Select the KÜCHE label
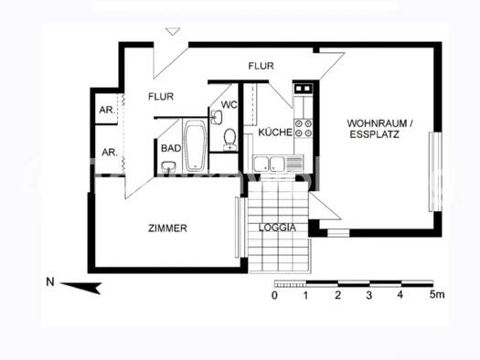coord(275,132)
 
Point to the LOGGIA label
coord(277,228)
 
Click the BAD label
coord(171,147)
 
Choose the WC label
coord(229,105)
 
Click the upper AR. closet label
coord(107,111)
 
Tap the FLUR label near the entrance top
coord(262,65)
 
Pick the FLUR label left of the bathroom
coord(162,95)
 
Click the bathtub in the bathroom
coord(196,147)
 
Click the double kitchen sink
coord(271,164)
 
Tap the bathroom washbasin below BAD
coord(169,166)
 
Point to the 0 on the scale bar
coord(274,296)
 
